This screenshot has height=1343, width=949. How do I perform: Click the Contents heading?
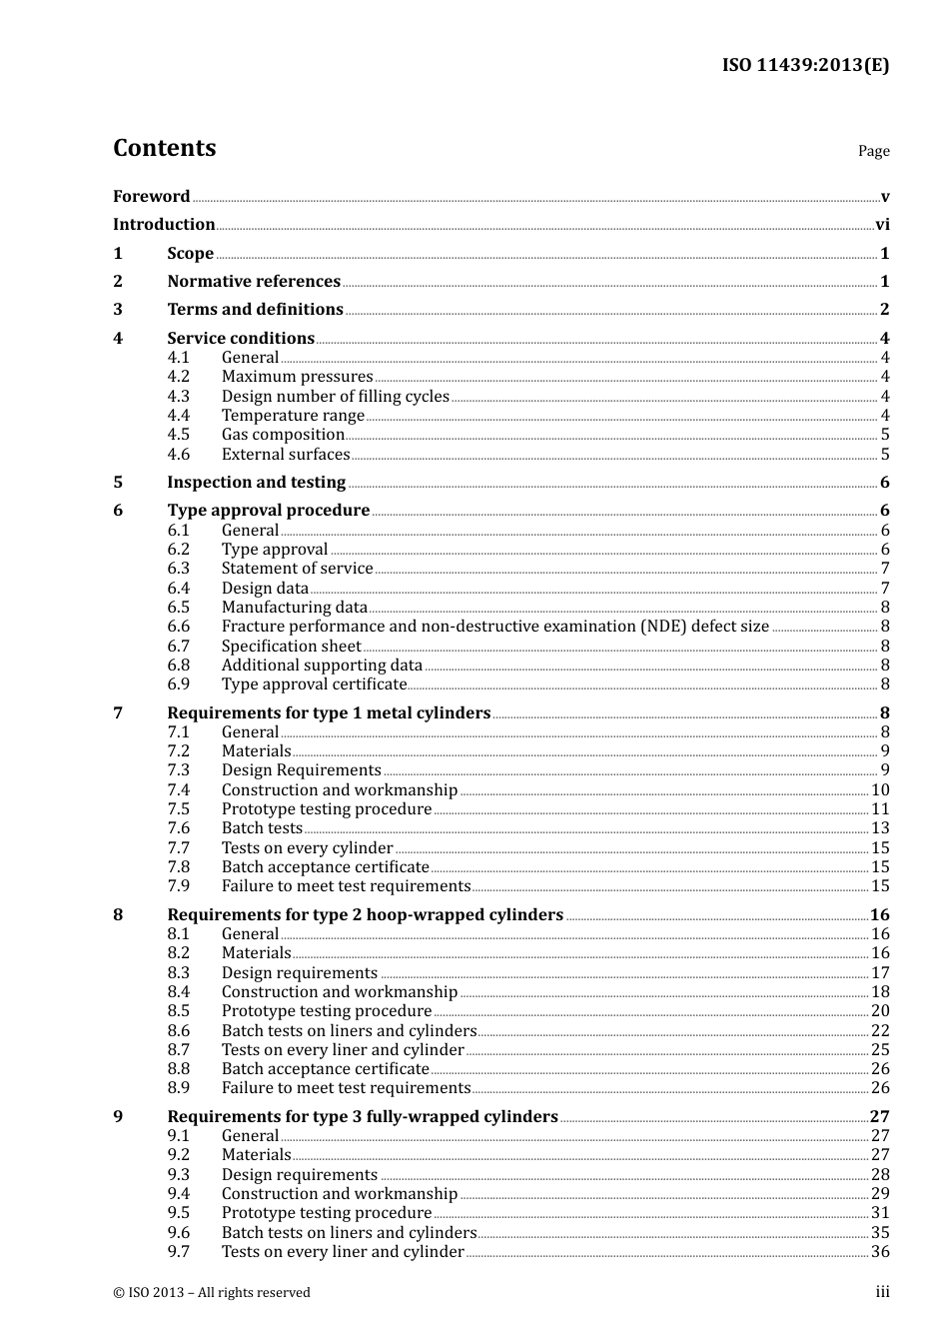pos(164,148)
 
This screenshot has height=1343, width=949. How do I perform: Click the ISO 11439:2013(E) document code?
pos(805,65)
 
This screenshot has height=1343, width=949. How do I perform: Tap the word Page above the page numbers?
pos(873,151)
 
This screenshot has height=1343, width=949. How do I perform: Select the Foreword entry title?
pos(151,197)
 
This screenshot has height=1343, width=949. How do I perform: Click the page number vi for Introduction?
pos(882,225)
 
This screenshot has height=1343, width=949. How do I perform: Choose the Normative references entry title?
pos(254,282)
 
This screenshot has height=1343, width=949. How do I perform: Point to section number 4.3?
pos(179,397)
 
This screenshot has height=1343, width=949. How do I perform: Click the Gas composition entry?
pos(283,435)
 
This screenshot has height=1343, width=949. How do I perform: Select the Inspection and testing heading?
pos(256,483)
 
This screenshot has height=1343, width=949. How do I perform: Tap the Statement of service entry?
pos(297,569)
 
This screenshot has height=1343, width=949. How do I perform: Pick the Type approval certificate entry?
pos(314,684)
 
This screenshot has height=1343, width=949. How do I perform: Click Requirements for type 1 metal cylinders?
pos(329,713)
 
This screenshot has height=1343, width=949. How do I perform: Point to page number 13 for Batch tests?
pos(880,828)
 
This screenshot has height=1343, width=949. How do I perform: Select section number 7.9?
pos(179,886)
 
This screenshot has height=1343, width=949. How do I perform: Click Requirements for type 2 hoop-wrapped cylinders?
pos(365,915)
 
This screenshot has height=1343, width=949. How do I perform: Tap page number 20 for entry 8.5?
pos(880,1011)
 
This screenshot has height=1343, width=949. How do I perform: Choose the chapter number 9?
pos(118,1117)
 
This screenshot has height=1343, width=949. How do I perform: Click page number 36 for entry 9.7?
pos(880,1252)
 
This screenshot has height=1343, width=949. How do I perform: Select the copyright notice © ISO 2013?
pos(212,1293)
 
